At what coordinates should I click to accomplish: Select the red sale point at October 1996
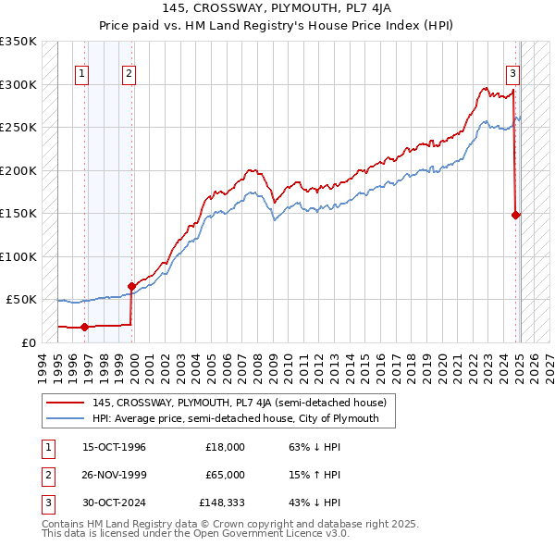click(x=84, y=327)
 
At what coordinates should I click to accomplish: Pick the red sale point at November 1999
click(x=131, y=287)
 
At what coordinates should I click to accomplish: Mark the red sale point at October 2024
click(x=516, y=215)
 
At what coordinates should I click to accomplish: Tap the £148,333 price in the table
click(x=222, y=503)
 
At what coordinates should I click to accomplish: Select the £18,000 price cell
click(x=225, y=447)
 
